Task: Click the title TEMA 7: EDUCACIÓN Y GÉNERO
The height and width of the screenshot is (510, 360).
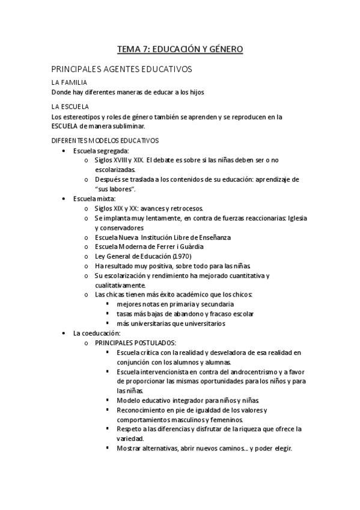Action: click(180, 49)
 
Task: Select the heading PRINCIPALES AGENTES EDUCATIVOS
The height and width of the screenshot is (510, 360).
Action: click(121, 69)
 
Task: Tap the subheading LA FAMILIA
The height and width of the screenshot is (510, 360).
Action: click(69, 82)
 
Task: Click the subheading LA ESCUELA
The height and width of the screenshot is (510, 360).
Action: click(70, 106)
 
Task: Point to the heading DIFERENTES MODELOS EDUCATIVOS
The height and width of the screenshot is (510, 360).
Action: click(105, 140)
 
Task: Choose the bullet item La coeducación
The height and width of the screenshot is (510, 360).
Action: click(97, 333)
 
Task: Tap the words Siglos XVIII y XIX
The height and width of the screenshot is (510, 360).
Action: click(118, 160)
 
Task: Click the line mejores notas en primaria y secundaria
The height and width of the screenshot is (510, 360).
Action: click(167, 304)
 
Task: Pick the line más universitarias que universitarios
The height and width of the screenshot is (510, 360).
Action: click(171, 324)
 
